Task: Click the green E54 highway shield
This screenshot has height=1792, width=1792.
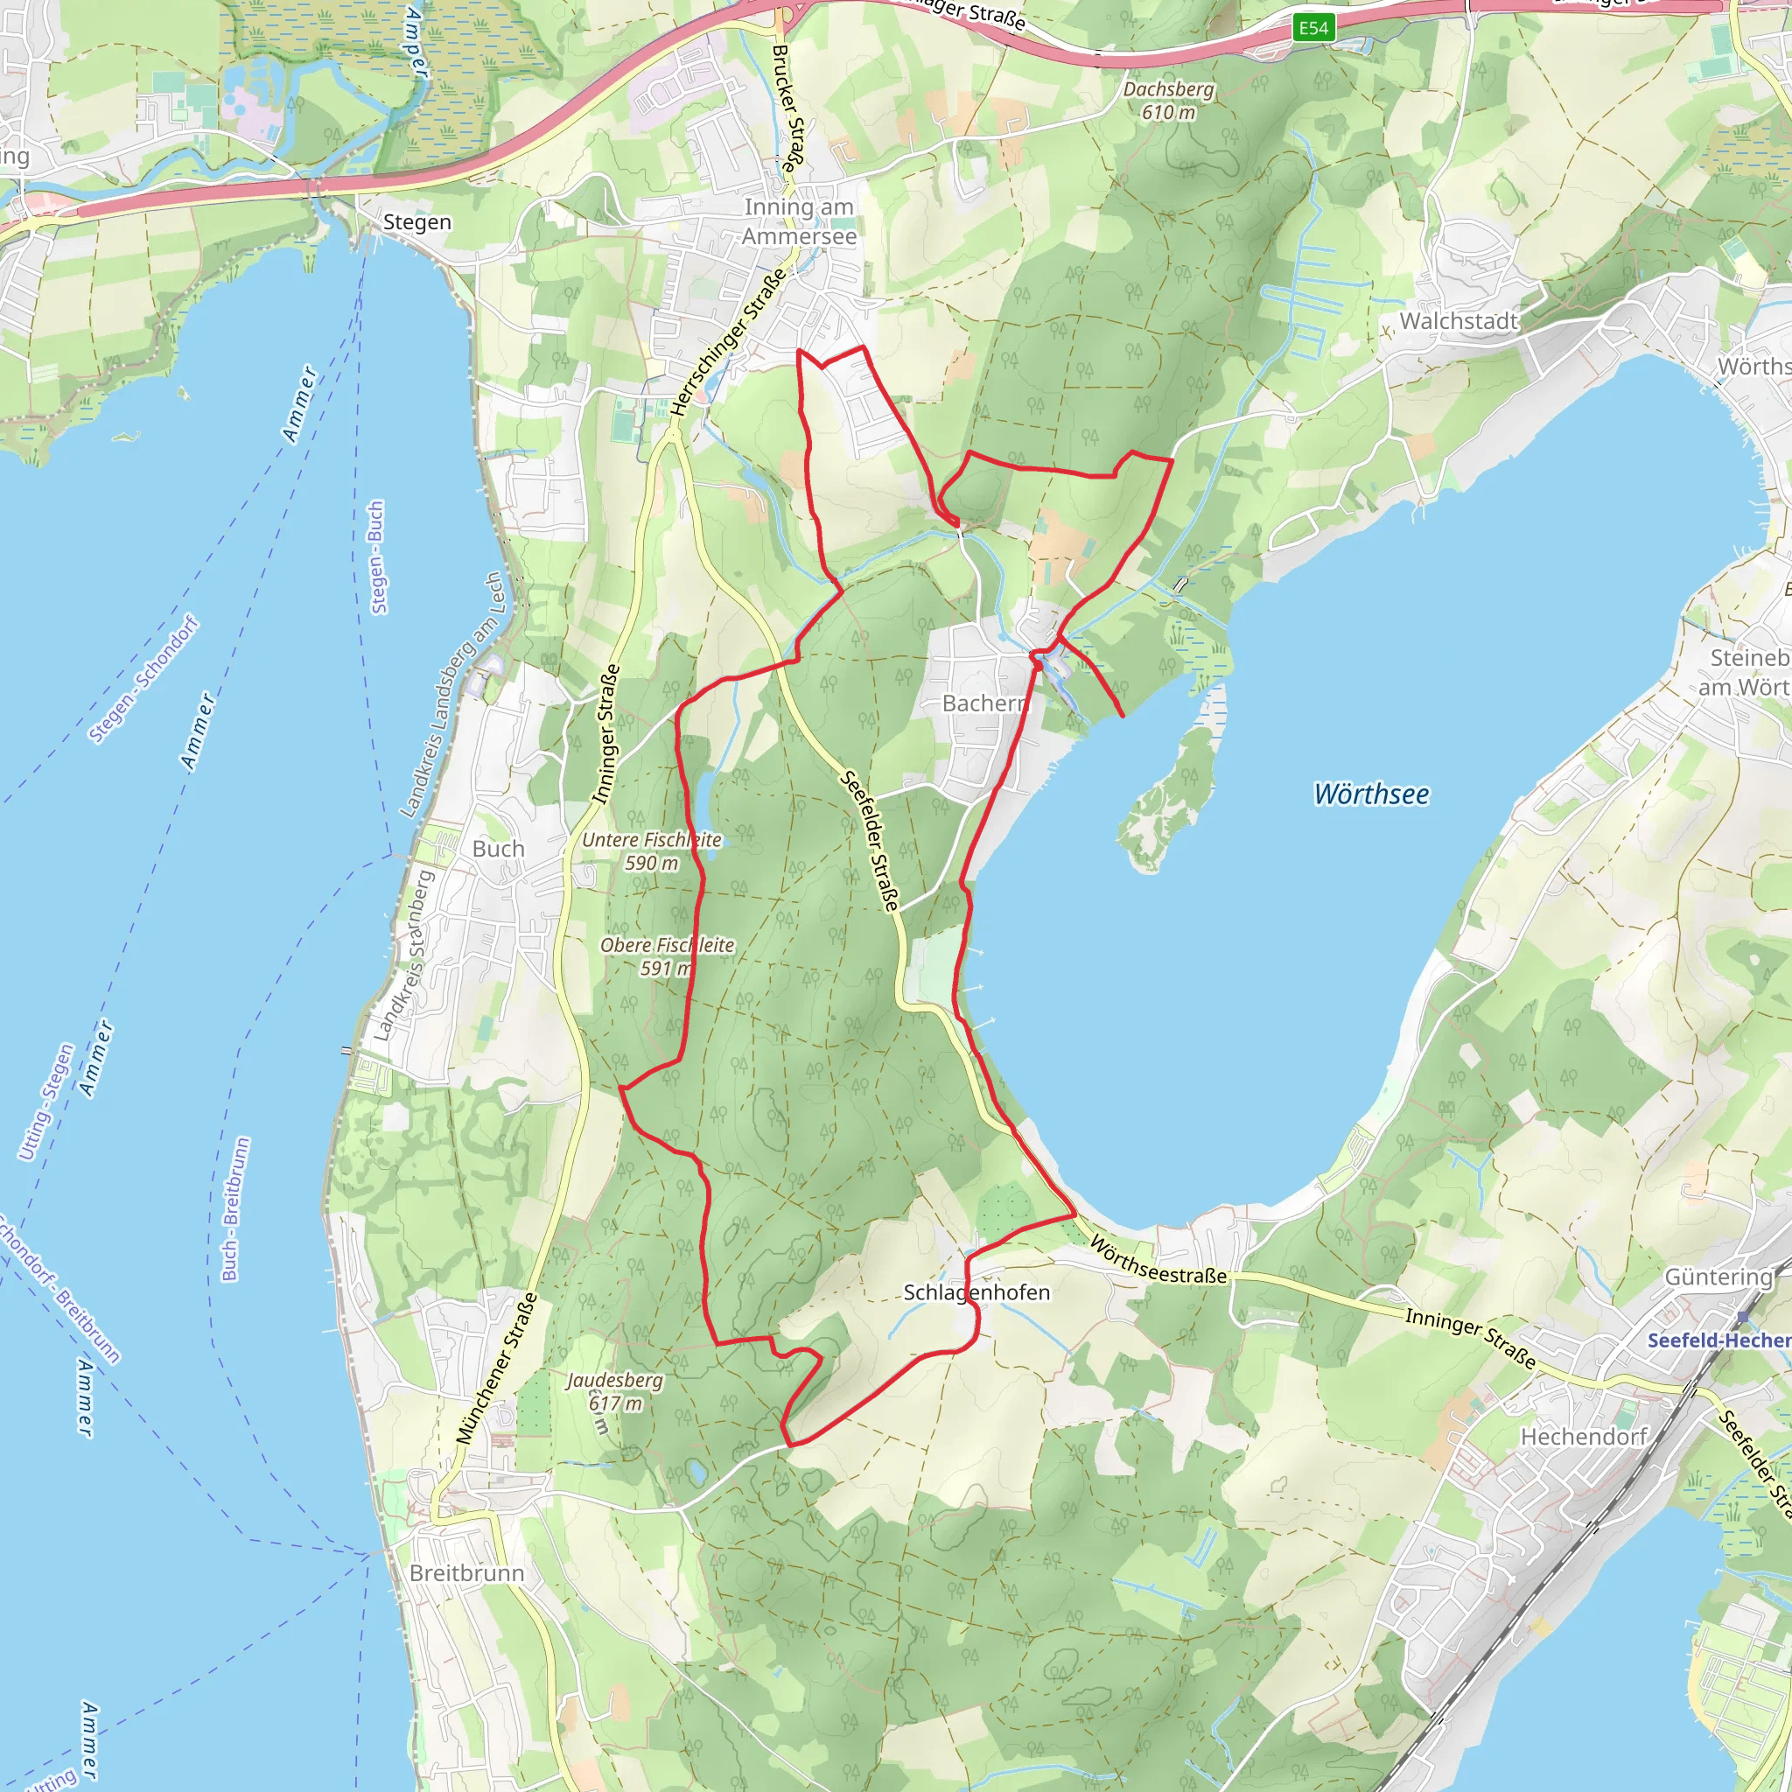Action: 1313,28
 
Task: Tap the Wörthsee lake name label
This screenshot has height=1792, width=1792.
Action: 1371,794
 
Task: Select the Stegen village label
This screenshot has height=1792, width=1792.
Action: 416,222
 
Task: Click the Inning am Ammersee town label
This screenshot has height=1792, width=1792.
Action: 799,221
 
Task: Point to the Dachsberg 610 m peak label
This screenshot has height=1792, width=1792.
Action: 1168,100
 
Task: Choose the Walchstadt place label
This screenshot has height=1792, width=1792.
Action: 1458,321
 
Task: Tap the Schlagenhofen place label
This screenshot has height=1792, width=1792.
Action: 976,1292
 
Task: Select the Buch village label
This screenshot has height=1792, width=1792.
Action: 498,849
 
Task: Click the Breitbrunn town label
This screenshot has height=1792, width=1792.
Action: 466,1573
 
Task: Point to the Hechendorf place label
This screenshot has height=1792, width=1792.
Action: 1583,1437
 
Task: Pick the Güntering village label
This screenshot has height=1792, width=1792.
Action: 1718,1277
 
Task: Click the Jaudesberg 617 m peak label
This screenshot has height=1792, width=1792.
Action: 615,1391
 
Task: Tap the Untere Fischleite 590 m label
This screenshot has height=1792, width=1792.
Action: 651,850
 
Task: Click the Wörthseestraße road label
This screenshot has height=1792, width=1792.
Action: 1158,1260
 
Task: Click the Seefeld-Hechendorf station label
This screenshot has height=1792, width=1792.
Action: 1718,1340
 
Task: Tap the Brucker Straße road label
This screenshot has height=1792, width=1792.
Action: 786,109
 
